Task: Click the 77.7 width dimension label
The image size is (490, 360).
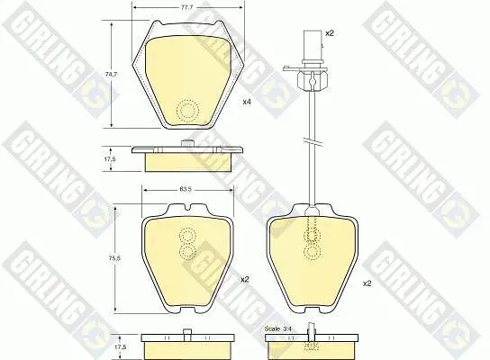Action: tap(186, 8)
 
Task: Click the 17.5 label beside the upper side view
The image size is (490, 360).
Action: tap(110, 159)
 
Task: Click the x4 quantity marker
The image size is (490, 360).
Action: tap(247, 102)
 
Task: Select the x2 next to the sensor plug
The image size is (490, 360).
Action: tap(330, 33)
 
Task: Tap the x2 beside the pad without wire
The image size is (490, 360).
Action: tap(245, 279)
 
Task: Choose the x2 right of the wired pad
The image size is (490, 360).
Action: tap(367, 283)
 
